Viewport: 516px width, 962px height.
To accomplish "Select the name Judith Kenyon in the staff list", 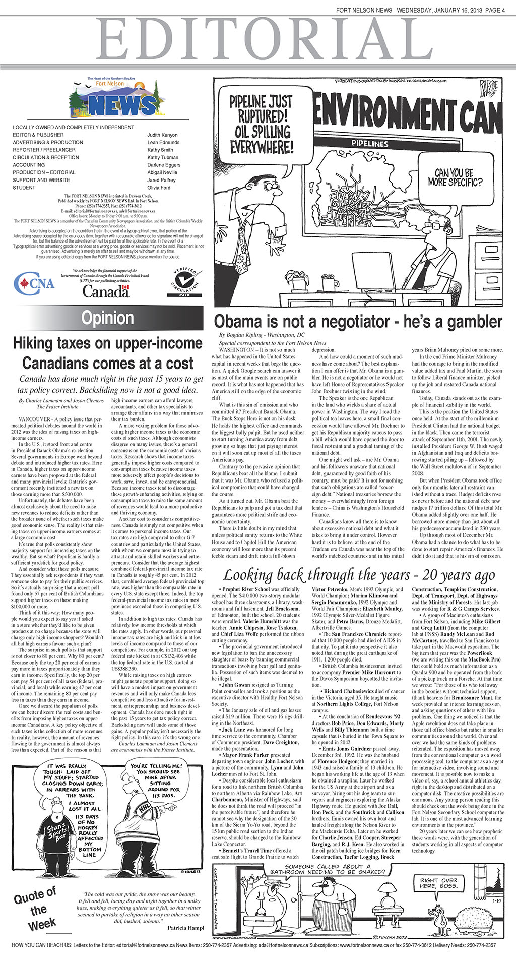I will click(162, 135).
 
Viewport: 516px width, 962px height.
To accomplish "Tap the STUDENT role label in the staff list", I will click(24, 188).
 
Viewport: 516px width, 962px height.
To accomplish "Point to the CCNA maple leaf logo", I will click(34, 284).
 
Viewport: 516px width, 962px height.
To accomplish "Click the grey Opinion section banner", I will click(108, 318).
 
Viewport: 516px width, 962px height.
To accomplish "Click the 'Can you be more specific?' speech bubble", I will click(455, 177).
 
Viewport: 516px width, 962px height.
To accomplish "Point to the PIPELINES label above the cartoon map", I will click(370, 144).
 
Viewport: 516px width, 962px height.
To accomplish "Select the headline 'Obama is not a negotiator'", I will click(358, 321).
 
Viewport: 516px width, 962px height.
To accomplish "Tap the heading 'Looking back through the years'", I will click(359, 575).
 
